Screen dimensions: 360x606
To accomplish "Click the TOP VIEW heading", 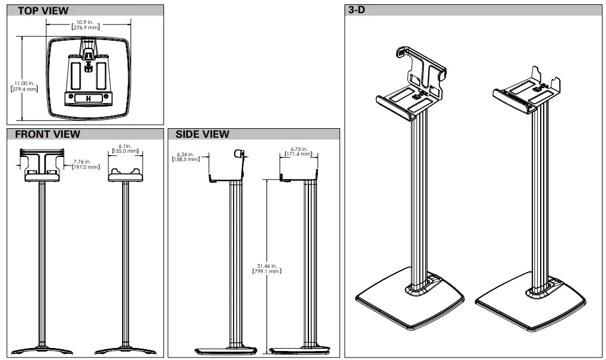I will click(43, 11).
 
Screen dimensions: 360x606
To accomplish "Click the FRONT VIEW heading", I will click(47, 134).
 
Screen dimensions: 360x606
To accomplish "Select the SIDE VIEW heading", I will click(202, 134).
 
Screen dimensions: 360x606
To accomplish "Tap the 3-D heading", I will click(357, 11).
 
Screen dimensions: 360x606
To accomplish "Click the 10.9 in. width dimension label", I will click(86, 25).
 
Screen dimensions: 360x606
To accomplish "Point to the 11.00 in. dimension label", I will click(24, 86).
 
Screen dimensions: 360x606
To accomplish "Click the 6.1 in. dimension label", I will click(125, 149).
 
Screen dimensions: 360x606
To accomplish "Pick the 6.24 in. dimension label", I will click(186, 156).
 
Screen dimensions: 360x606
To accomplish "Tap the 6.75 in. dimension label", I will click(299, 152).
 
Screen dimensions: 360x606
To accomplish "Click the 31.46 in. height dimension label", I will click(267, 268).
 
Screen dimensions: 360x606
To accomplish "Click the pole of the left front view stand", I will click(41, 264).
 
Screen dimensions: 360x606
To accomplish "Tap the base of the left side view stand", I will click(226, 350).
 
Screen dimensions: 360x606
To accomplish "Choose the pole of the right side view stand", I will click(310, 264).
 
